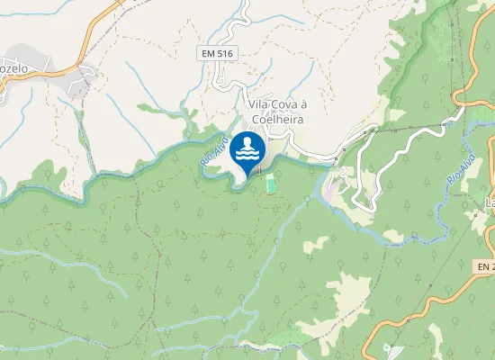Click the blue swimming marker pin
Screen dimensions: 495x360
pos(247,149)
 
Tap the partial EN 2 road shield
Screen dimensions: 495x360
pos(485,267)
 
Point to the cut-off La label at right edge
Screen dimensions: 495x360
pos(490,200)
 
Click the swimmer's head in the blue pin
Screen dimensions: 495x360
pos(247,139)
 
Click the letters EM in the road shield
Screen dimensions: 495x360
pos(209,54)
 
